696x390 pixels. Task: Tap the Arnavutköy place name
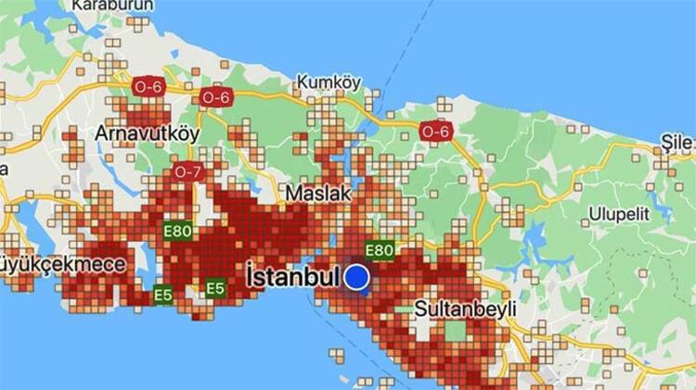(x=147, y=133)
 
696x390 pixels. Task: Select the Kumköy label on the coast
(x=329, y=82)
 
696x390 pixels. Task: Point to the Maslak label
(x=317, y=195)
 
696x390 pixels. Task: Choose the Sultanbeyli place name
(x=465, y=308)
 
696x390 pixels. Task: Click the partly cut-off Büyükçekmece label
(x=62, y=265)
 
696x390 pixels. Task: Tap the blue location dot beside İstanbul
(x=357, y=277)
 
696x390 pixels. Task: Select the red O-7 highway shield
(x=187, y=171)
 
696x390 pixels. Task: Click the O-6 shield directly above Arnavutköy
(x=148, y=82)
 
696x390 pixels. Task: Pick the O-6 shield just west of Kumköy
(x=215, y=96)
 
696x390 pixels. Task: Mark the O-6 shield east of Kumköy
(x=434, y=131)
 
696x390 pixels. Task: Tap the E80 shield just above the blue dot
(x=379, y=249)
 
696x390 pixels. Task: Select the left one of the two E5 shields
(x=163, y=295)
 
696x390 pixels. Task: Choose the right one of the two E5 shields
(x=215, y=288)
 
